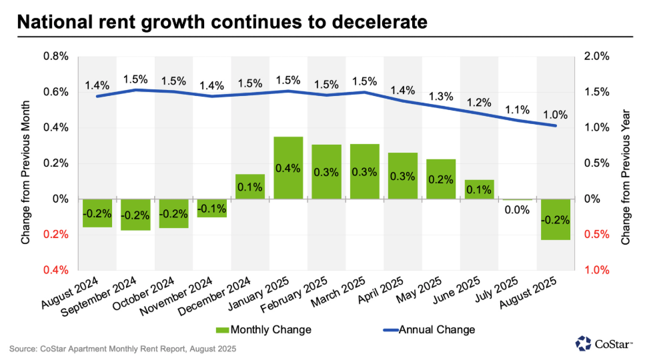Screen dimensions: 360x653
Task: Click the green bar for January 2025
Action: pyautogui.click(x=288, y=167)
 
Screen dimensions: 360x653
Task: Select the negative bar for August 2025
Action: pyautogui.click(x=555, y=219)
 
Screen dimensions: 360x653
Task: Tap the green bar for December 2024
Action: pyautogui.click(x=250, y=186)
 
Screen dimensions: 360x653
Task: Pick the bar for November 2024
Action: pyautogui.click(x=211, y=208)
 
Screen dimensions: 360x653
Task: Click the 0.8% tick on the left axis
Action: pyautogui.click(x=57, y=56)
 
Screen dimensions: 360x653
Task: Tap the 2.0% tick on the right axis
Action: pyautogui.click(x=596, y=56)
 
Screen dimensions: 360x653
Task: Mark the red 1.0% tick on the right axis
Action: pyautogui.click(x=596, y=270)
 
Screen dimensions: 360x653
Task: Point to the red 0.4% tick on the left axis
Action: pyautogui.click(x=57, y=270)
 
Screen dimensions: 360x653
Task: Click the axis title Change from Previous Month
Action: pyautogui.click(x=26, y=163)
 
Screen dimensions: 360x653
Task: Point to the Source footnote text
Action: pyautogui.click(x=123, y=349)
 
